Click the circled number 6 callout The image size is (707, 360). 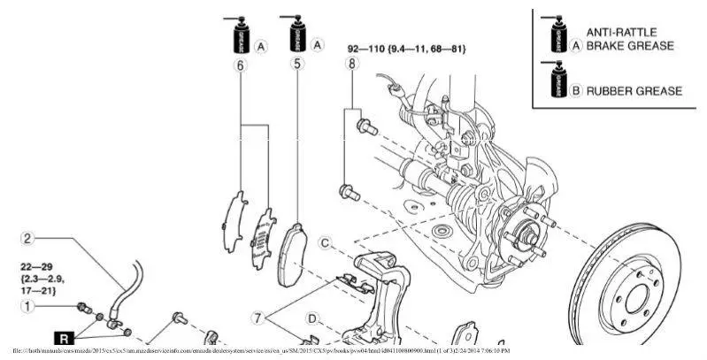[240, 65]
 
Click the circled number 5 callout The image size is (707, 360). [296, 65]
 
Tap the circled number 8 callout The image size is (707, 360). [352, 65]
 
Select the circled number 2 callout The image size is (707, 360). [27, 238]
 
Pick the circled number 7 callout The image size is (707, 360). [258, 316]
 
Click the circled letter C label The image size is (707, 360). [325, 242]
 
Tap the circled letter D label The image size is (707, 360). [311, 318]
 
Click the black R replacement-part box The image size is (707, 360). [64, 337]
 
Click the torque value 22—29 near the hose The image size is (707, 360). [39, 265]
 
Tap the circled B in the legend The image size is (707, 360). [575, 90]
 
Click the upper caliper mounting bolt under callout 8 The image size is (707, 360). [361, 126]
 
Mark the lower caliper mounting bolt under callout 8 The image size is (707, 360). [347, 190]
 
